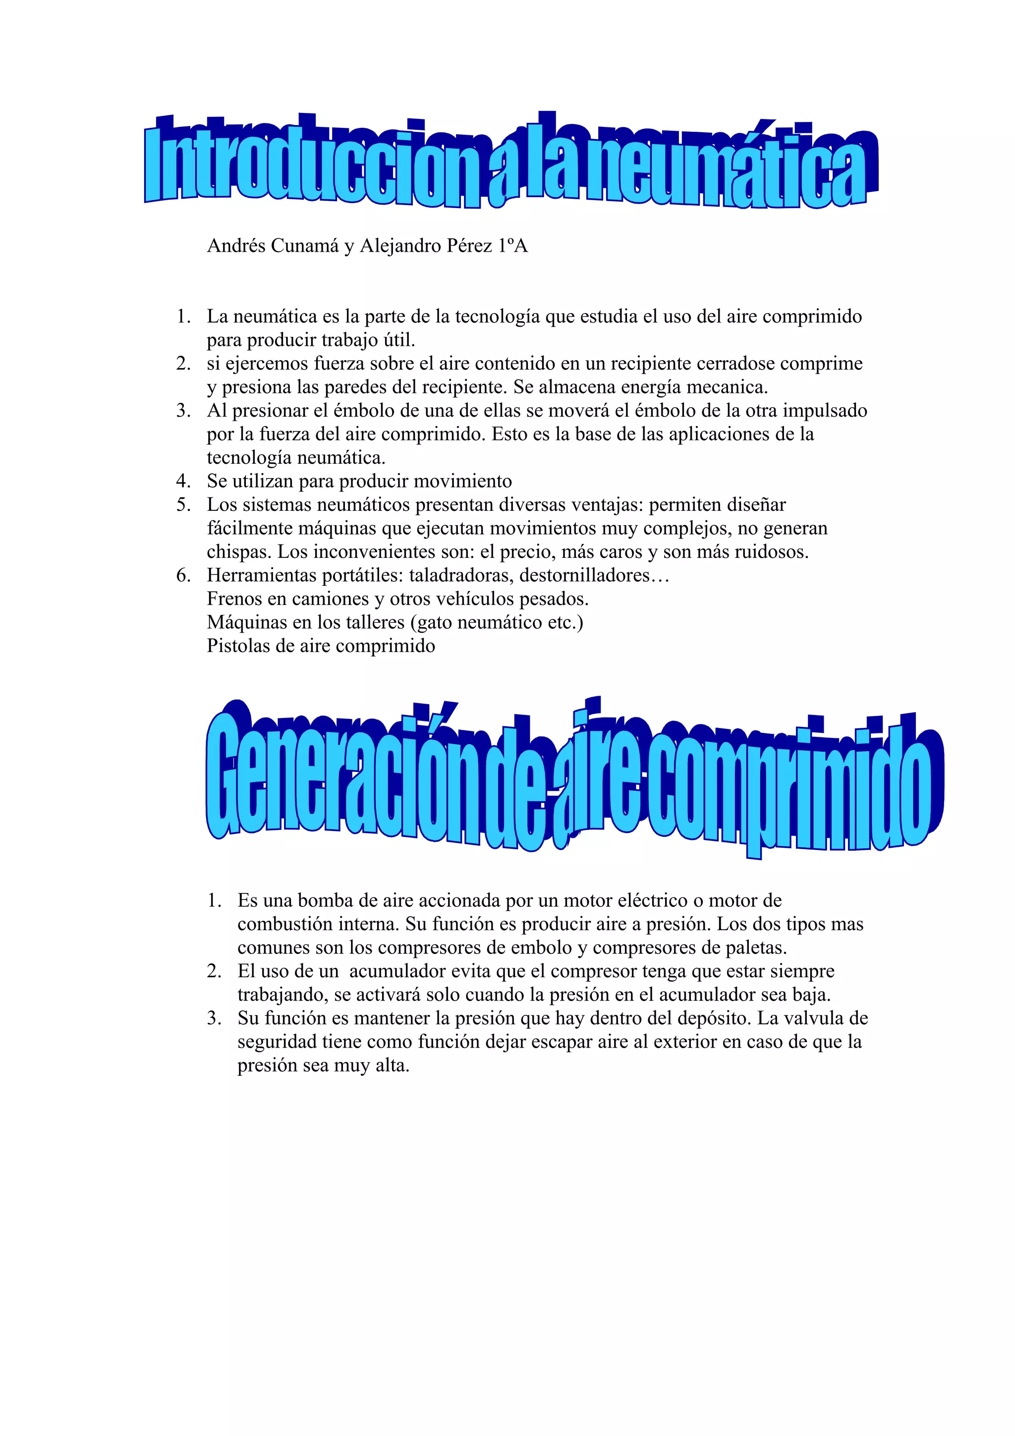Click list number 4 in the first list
[x=183, y=482]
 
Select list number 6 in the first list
[x=183, y=575]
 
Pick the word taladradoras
[x=461, y=575]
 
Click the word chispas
[x=239, y=552]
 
